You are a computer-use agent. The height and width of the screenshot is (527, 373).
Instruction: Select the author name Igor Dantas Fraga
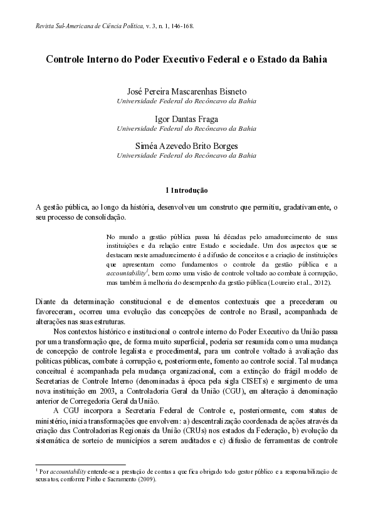(x=187, y=118)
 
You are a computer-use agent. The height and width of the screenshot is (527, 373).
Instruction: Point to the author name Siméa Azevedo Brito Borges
(x=187, y=145)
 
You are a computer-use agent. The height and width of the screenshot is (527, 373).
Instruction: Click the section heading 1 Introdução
(x=187, y=189)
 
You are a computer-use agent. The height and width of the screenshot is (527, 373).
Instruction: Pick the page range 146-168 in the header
(x=180, y=26)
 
